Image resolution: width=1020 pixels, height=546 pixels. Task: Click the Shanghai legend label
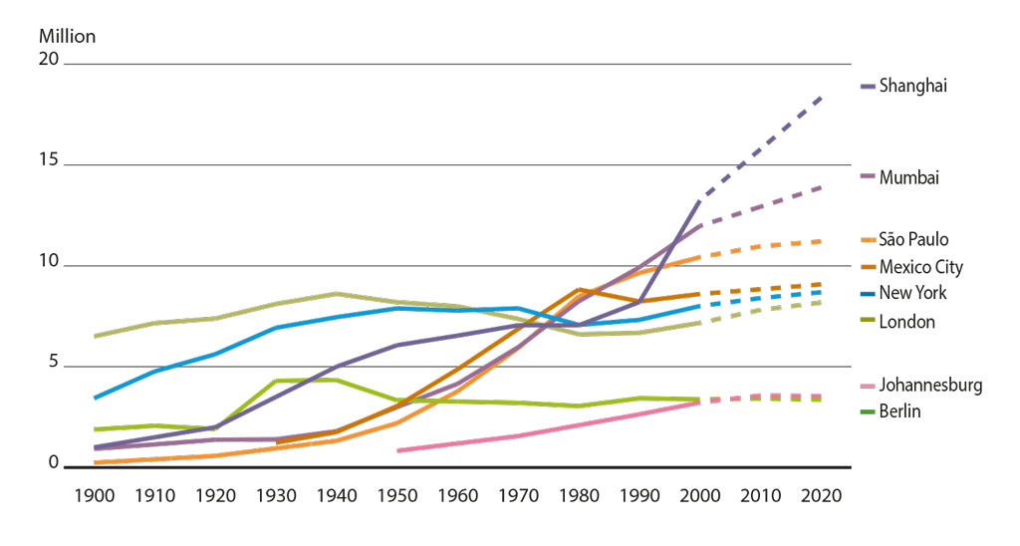point(912,87)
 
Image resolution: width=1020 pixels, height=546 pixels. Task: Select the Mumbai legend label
point(909,177)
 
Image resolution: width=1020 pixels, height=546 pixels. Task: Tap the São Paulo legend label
point(913,239)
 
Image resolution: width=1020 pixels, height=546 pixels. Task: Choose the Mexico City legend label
point(921,267)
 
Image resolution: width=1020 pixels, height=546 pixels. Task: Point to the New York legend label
point(913,294)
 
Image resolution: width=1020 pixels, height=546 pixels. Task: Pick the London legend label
point(906,322)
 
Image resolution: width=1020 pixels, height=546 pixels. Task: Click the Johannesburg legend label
point(930,386)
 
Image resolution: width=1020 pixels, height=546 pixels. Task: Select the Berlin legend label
point(900,411)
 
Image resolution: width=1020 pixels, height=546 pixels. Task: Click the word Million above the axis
point(68,37)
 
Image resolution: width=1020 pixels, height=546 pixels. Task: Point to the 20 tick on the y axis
point(49,61)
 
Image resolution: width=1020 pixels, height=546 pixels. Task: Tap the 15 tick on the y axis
point(49,161)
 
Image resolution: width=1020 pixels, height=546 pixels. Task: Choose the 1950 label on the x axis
point(397,495)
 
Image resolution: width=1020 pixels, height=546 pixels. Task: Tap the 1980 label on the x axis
point(579,495)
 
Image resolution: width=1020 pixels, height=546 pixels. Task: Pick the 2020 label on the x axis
point(821,495)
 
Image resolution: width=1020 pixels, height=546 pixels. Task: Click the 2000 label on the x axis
point(700,495)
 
